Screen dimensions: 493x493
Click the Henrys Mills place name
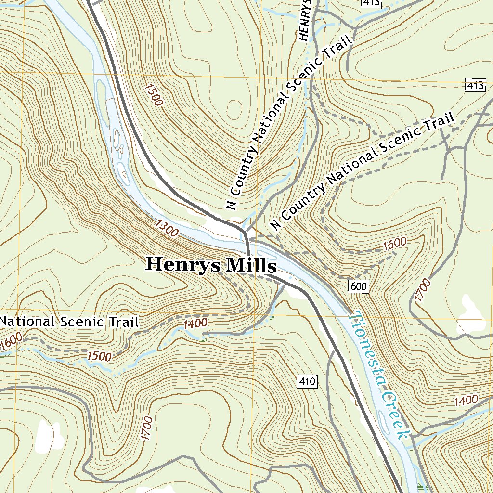[x=211, y=265]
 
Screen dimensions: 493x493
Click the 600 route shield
[x=359, y=287]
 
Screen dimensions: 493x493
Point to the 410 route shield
[x=307, y=382]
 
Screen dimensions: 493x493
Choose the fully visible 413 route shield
[x=475, y=86]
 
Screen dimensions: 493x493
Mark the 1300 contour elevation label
[x=167, y=228]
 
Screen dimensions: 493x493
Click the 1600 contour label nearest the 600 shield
[x=395, y=244]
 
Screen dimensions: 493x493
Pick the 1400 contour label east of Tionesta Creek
[x=466, y=400]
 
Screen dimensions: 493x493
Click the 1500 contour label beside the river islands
[x=153, y=94]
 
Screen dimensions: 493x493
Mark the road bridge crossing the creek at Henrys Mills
[x=247, y=244]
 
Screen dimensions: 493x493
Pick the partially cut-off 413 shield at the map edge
[x=371, y=3]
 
